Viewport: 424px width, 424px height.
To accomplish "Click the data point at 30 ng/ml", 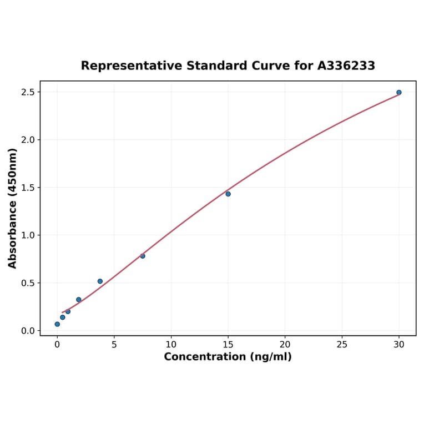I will tap(399, 92).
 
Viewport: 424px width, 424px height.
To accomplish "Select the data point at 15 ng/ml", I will tap(228, 194).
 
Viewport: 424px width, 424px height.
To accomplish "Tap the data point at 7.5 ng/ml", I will tap(143, 256).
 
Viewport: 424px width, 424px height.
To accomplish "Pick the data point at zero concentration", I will tap(57, 324).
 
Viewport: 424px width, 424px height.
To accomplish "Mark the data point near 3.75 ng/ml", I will tap(100, 281).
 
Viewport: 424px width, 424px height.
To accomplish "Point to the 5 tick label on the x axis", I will tap(114, 344).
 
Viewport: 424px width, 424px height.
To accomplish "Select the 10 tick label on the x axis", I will tap(171, 344).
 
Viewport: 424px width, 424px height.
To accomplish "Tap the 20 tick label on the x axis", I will tap(285, 344).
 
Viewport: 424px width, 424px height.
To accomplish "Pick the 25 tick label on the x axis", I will tap(342, 344).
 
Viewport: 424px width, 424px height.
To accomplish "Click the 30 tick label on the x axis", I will tap(399, 344).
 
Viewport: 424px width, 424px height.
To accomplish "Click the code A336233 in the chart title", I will tap(346, 66).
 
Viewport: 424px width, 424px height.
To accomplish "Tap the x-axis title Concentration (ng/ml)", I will tap(228, 357).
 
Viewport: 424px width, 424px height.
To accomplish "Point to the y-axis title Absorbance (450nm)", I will tap(13, 208).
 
